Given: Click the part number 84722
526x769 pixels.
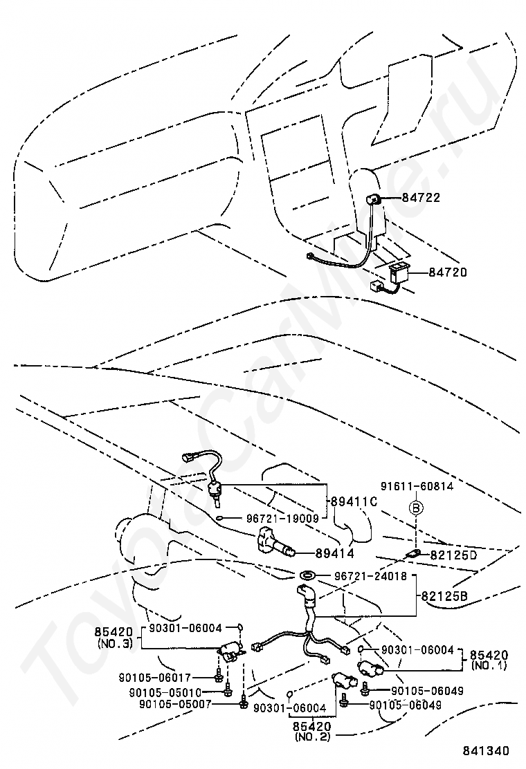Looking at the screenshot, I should pyautogui.click(x=423, y=198).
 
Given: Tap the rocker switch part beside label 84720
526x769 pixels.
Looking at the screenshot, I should pyautogui.click(x=400, y=270).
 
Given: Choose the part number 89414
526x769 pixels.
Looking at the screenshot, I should pyautogui.click(x=335, y=553).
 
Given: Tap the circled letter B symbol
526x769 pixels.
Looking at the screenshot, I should pyautogui.click(x=417, y=508).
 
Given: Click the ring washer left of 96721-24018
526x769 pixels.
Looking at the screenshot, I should pyautogui.click(x=306, y=574).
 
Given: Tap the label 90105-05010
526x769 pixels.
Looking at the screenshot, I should pyautogui.click(x=165, y=692).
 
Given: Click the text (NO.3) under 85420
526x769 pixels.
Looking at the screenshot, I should pyautogui.click(x=116, y=642).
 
